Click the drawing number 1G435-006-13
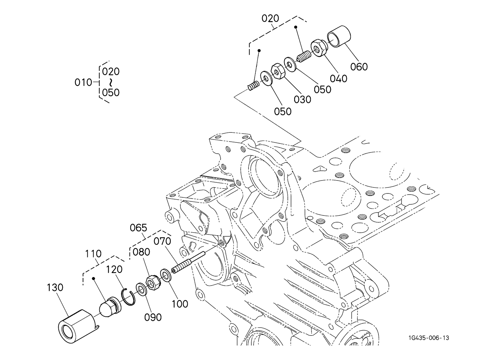429,338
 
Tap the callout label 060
359,67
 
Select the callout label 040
338,79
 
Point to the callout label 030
302,100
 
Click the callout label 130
55,288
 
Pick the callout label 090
153,318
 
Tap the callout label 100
180,304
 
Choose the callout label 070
162,241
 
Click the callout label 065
138,228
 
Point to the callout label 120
114,269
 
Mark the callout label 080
141,252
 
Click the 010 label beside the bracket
83,83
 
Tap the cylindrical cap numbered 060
339,37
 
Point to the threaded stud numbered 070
188,263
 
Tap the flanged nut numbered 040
319,48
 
